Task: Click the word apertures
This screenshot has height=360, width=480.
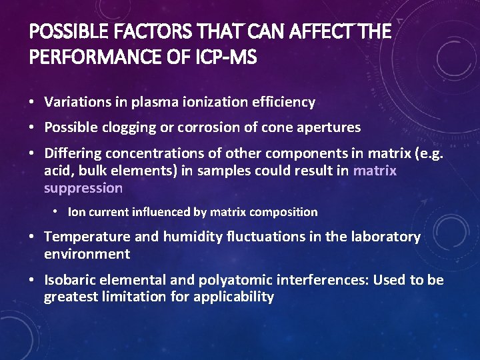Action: tap(330, 127)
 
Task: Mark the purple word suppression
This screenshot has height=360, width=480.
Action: tap(83, 188)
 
